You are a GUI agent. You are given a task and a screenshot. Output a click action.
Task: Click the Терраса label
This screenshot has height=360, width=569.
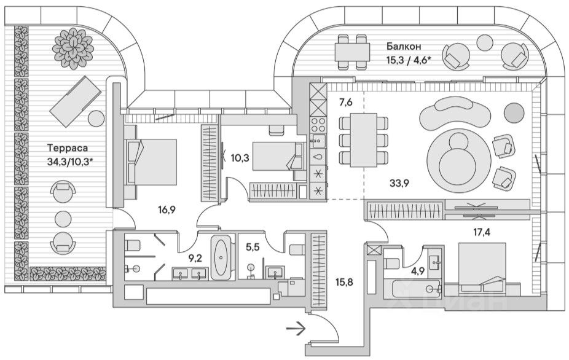click(67, 148)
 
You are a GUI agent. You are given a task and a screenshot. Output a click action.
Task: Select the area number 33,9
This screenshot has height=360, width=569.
click(399, 182)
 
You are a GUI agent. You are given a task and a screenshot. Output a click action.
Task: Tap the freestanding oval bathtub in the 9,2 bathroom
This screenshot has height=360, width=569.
click(221, 258)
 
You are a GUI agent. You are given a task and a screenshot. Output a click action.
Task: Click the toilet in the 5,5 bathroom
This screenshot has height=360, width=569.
click(295, 248)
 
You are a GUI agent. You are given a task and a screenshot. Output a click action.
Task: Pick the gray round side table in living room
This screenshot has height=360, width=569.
click(514, 111)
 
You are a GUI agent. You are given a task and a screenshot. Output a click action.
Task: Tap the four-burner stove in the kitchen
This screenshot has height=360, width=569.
click(318, 126)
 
